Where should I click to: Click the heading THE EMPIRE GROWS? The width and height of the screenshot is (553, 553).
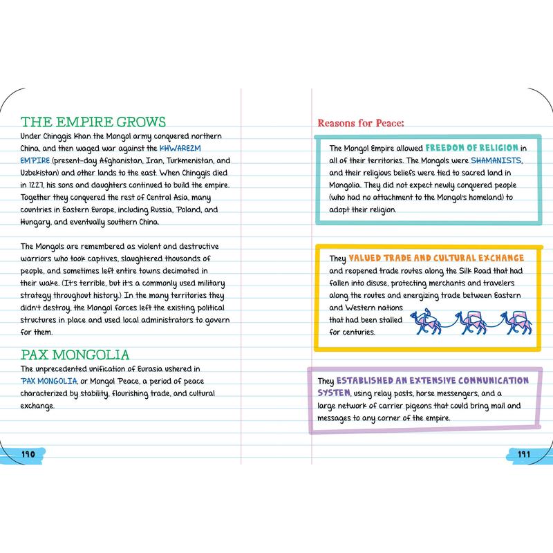pyautogui.click(x=93, y=122)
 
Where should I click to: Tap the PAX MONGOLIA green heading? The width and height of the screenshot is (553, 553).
pyautogui.click(x=75, y=355)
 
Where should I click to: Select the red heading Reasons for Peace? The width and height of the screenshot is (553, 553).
pyautogui.click(x=360, y=123)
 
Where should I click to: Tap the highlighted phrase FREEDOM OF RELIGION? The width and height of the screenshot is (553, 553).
pyautogui.click(x=471, y=148)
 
